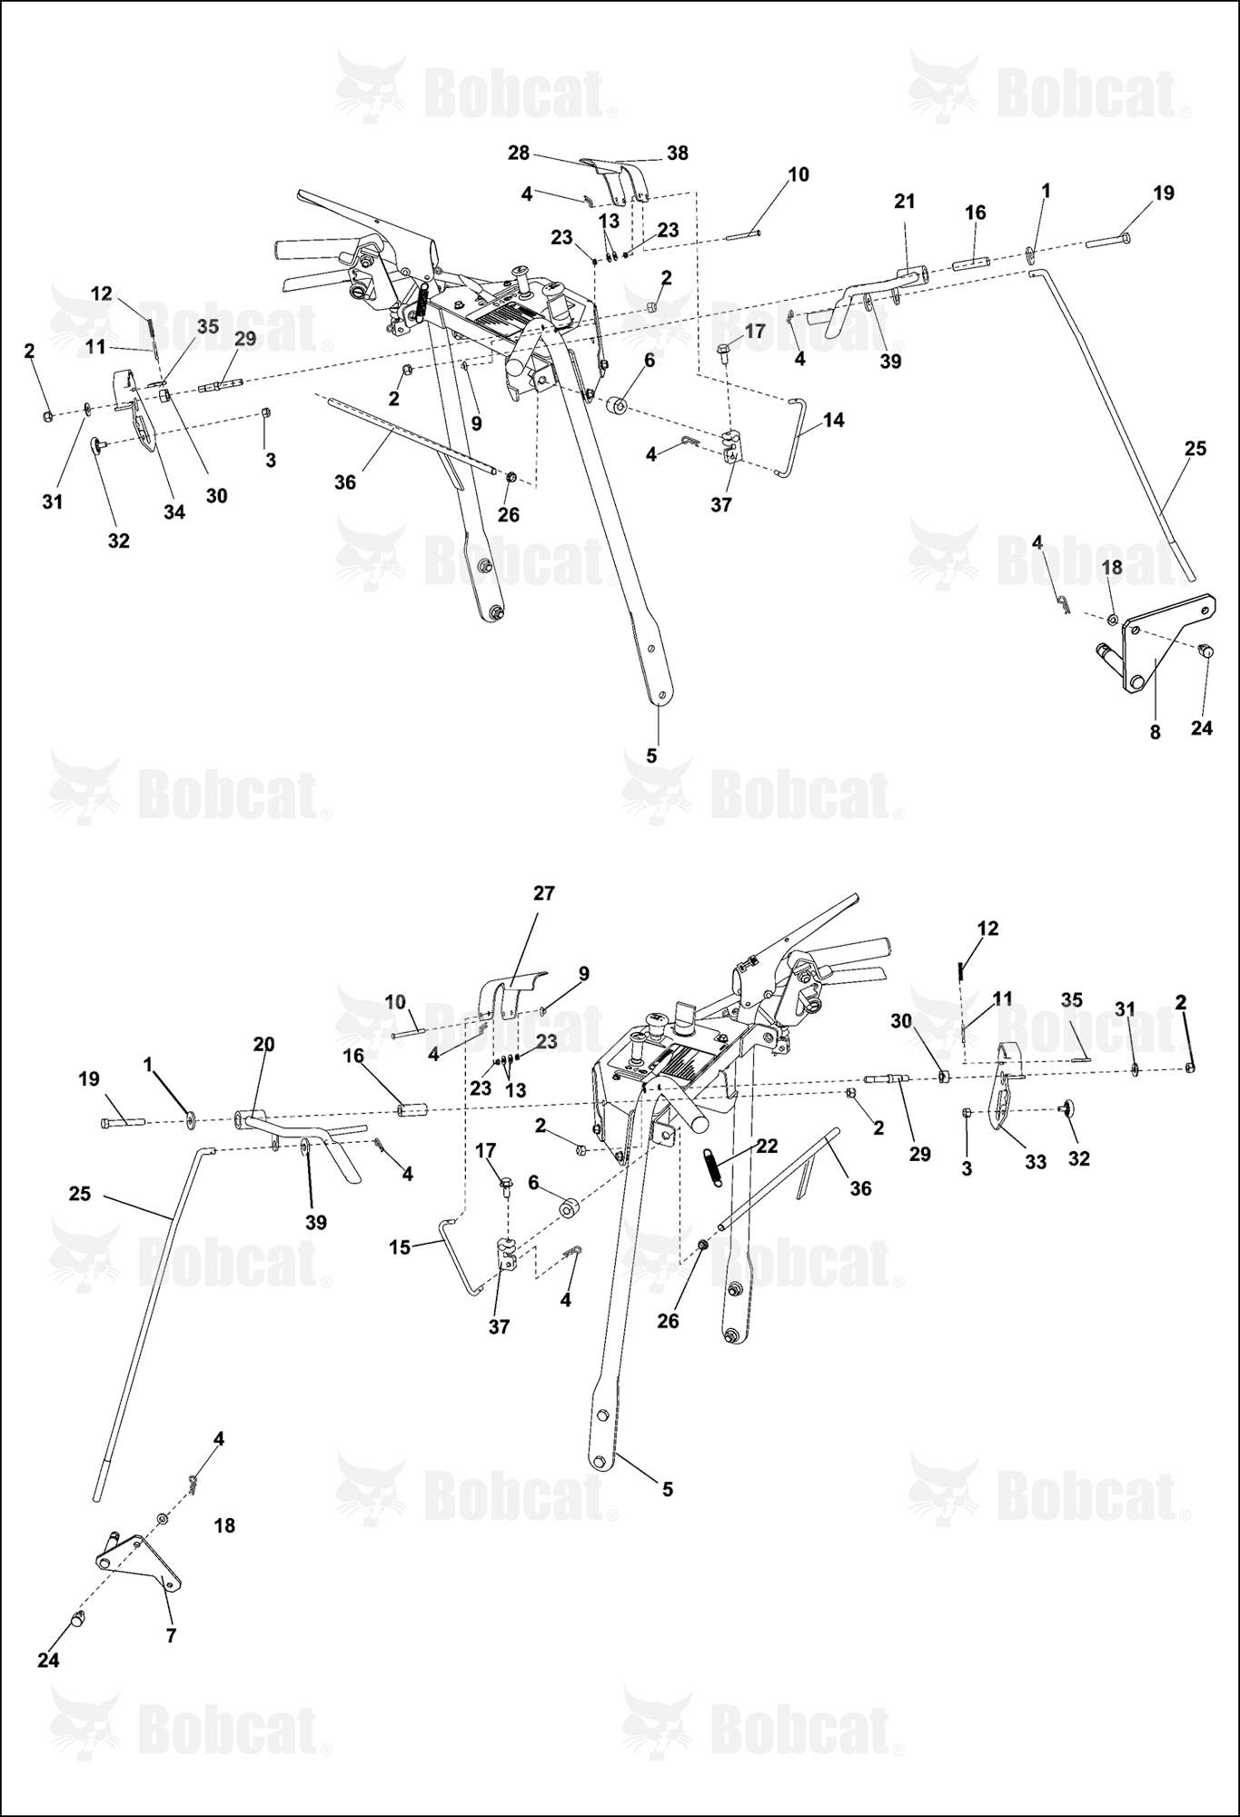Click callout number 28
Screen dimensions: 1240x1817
tap(519, 153)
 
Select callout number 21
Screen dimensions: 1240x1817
tap(905, 201)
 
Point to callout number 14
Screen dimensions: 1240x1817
tap(833, 420)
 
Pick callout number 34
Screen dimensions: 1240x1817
tap(174, 512)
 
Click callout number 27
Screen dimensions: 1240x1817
tap(543, 893)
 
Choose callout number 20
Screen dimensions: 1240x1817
tap(263, 1045)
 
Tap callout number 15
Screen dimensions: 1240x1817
tap(400, 1247)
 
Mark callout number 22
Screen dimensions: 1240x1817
tap(768, 1146)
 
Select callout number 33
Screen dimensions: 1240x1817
tap(1036, 1162)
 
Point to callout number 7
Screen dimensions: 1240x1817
tap(171, 1636)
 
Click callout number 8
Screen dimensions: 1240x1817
tap(1155, 732)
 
